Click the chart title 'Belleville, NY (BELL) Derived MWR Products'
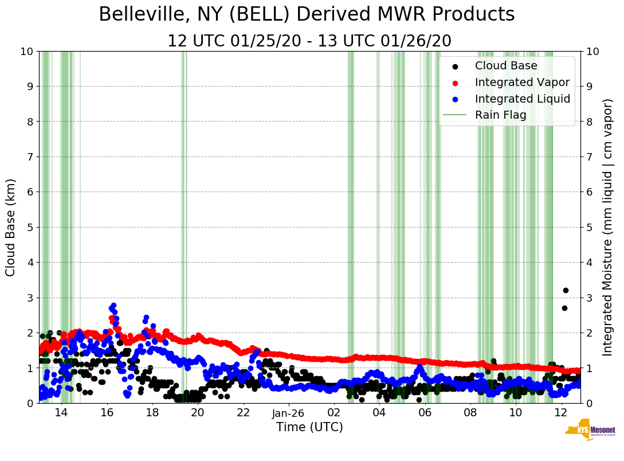pyautogui.click(x=307, y=15)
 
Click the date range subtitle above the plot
pyautogui.click(x=309, y=41)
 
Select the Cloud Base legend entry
pyautogui.click(x=506, y=66)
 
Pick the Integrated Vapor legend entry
pyautogui.click(x=522, y=83)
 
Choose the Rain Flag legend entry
pyautogui.click(x=500, y=115)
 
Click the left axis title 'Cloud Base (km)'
pyautogui.click(x=11, y=227)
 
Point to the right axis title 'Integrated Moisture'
pyautogui.click(x=608, y=227)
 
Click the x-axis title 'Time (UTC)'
pyautogui.click(x=309, y=427)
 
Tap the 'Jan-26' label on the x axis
pyautogui.click(x=288, y=413)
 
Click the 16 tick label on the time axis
pyautogui.click(x=107, y=413)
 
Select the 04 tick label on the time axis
pyautogui.click(x=379, y=413)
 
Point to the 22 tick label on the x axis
pyautogui.click(x=243, y=413)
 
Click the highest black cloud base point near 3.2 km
pyautogui.click(x=566, y=290)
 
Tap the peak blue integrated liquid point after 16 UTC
pyautogui.click(x=113, y=306)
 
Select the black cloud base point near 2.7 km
pyautogui.click(x=564, y=308)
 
